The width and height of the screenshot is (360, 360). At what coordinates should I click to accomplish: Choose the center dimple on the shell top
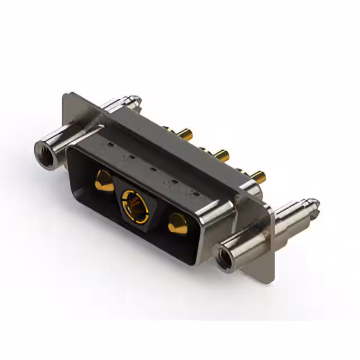[x=152, y=168]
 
